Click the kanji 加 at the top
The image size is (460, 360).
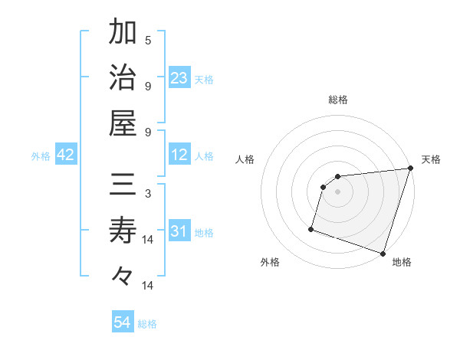pyautogui.click(x=123, y=32)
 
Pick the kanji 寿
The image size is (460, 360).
pyautogui.click(x=123, y=231)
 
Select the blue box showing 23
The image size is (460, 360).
pyautogui.click(x=179, y=78)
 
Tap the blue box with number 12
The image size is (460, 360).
pyautogui.click(x=179, y=155)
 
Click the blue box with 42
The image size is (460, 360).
pyautogui.click(x=66, y=155)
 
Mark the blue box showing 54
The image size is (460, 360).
pyautogui.click(x=123, y=323)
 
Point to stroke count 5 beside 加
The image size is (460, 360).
pyautogui.click(x=148, y=40)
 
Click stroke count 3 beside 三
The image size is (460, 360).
pyautogui.click(x=148, y=194)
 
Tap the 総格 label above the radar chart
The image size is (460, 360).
pyautogui.click(x=337, y=100)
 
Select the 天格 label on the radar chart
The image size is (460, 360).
pyautogui.click(x=432, y=159)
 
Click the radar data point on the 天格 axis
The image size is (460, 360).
pyautogui.click(x=410, y=169)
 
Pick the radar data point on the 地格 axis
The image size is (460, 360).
pyautogui.click(x=383, y=254)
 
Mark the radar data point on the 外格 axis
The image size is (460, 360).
pyautogui.click(x=311, y=228)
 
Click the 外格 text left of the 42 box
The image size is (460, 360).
pyautogui.click(x=41, y=156)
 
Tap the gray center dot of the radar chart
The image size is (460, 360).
pyautogui.click(x=337, y=192)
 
